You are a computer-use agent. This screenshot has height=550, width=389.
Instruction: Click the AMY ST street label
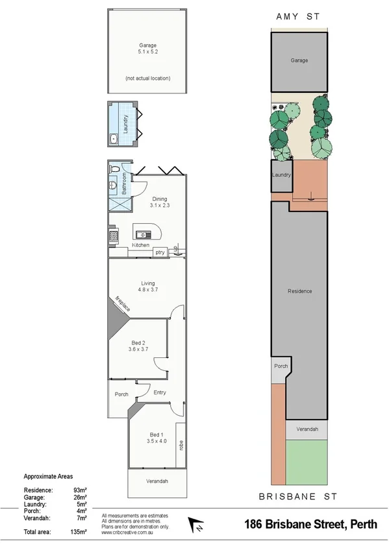pos(299,17)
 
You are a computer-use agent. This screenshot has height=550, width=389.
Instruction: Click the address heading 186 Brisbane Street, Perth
pos(310,524)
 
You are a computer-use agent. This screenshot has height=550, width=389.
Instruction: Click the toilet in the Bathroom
pos(114,170)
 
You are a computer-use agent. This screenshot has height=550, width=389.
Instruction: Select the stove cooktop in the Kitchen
pos(113,236)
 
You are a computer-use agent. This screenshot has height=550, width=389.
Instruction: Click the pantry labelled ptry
pos(159,251)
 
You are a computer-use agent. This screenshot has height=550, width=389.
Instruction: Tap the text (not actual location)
pos(147,78)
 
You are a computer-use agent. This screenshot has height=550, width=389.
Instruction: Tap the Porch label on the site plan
pos(281,366)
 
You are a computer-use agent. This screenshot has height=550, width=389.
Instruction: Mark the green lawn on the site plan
pos(307,462)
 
